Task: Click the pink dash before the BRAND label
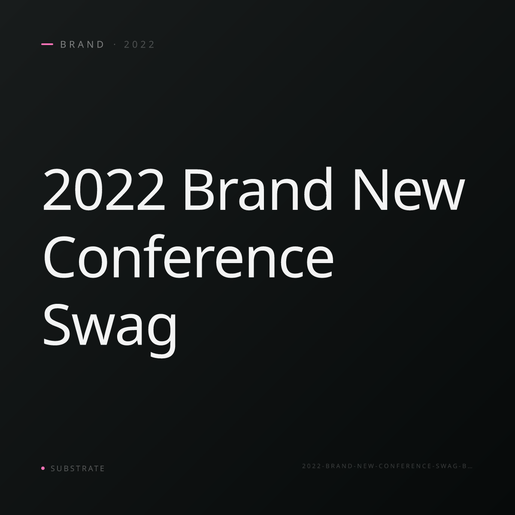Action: pos(47,44)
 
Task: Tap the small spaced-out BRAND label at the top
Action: pos(82,44)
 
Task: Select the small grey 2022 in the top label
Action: pos(139,44)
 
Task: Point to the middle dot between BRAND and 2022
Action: pos(115,44)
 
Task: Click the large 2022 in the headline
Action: pos(104,190)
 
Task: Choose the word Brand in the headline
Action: pos(258,188)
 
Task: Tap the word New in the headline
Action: pos(409,190)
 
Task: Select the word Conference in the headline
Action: pos(188,256)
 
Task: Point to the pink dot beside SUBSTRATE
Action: pos(43,468)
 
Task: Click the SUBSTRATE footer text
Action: pos(78,468)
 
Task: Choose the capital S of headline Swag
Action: pos(57,324)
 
